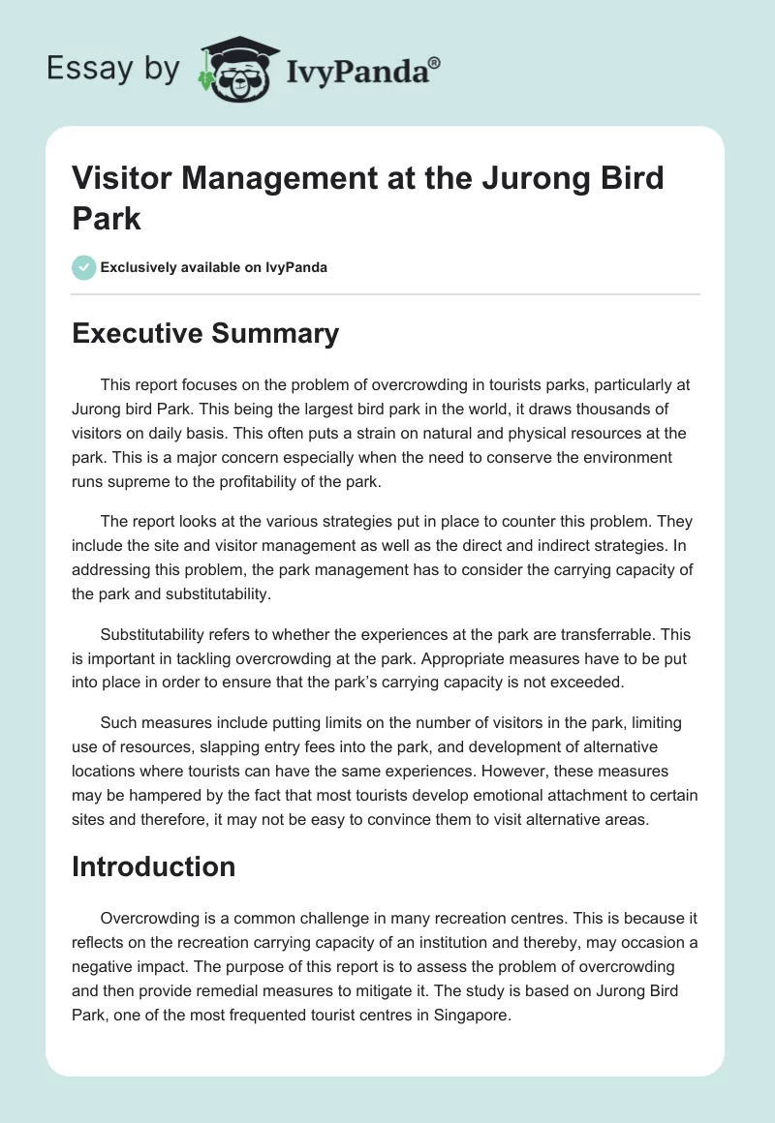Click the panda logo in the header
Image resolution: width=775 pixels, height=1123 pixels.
tap(236, 70)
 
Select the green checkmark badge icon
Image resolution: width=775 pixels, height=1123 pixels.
tap(84, 267)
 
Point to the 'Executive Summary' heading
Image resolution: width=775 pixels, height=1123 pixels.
tap(205, 334)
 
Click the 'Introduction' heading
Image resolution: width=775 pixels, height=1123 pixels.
tap(153, 866)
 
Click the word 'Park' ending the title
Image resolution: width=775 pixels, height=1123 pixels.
tap(107, 218)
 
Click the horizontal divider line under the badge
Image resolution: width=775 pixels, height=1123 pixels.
tap(387, 293)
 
